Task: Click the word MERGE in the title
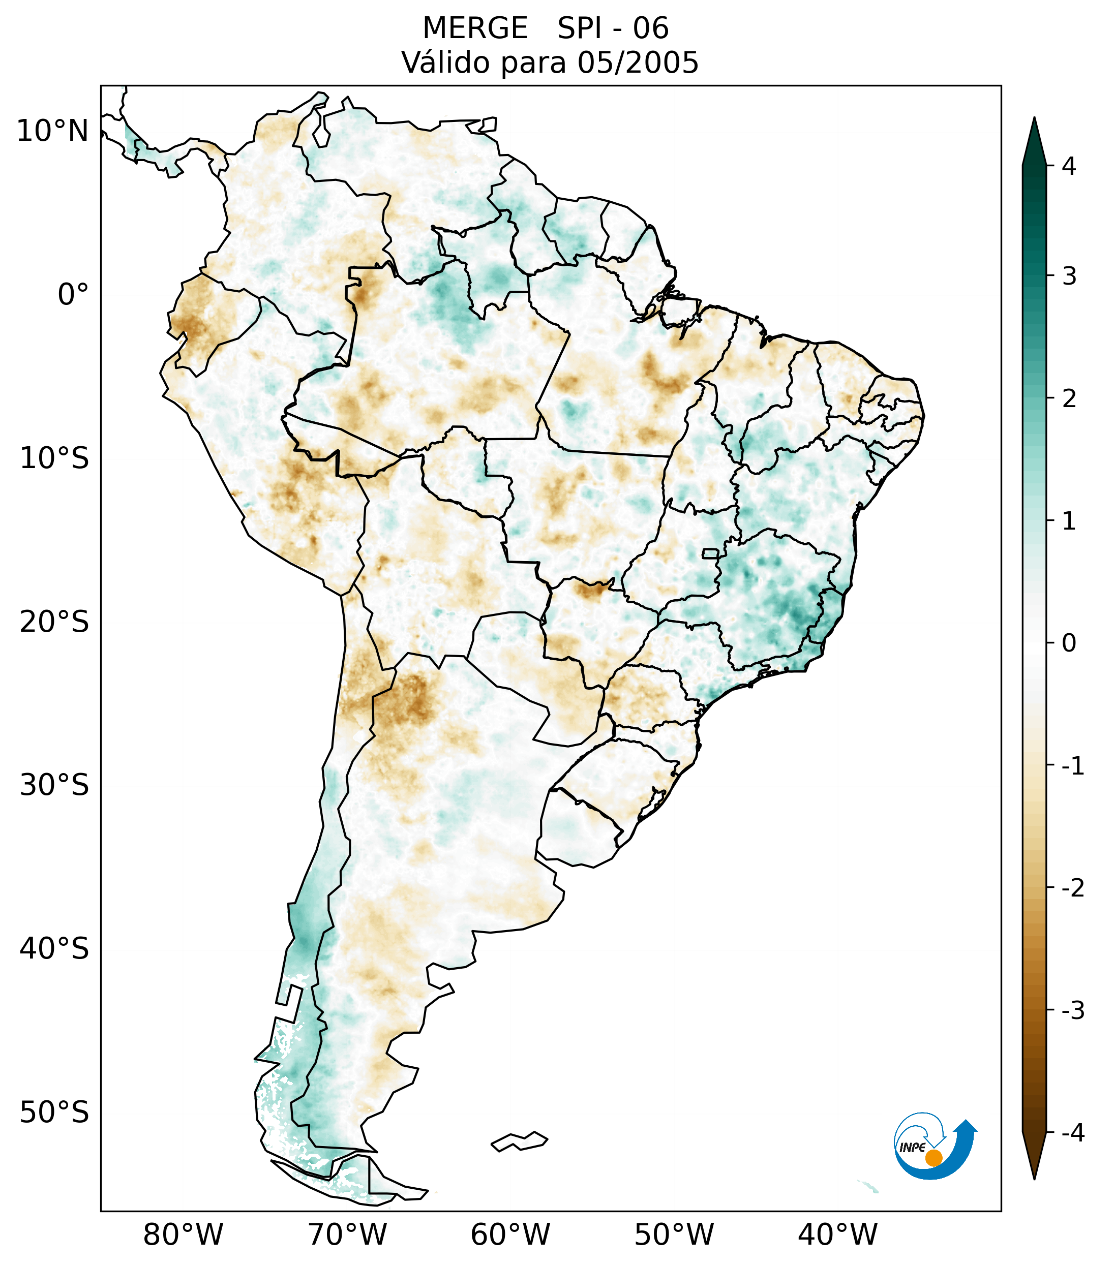click(475, 28)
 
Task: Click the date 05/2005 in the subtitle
click(638, 63)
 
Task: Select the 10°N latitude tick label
click(53, 131)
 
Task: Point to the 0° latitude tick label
click(73, 295)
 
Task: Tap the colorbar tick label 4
click(1069, 166)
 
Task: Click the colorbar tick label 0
click(1069, 643)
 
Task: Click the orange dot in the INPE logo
click(933, 1158)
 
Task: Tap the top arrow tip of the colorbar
click(1034, 119)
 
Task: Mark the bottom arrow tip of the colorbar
click(1034, 1178)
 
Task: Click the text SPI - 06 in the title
click(613, 28)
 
